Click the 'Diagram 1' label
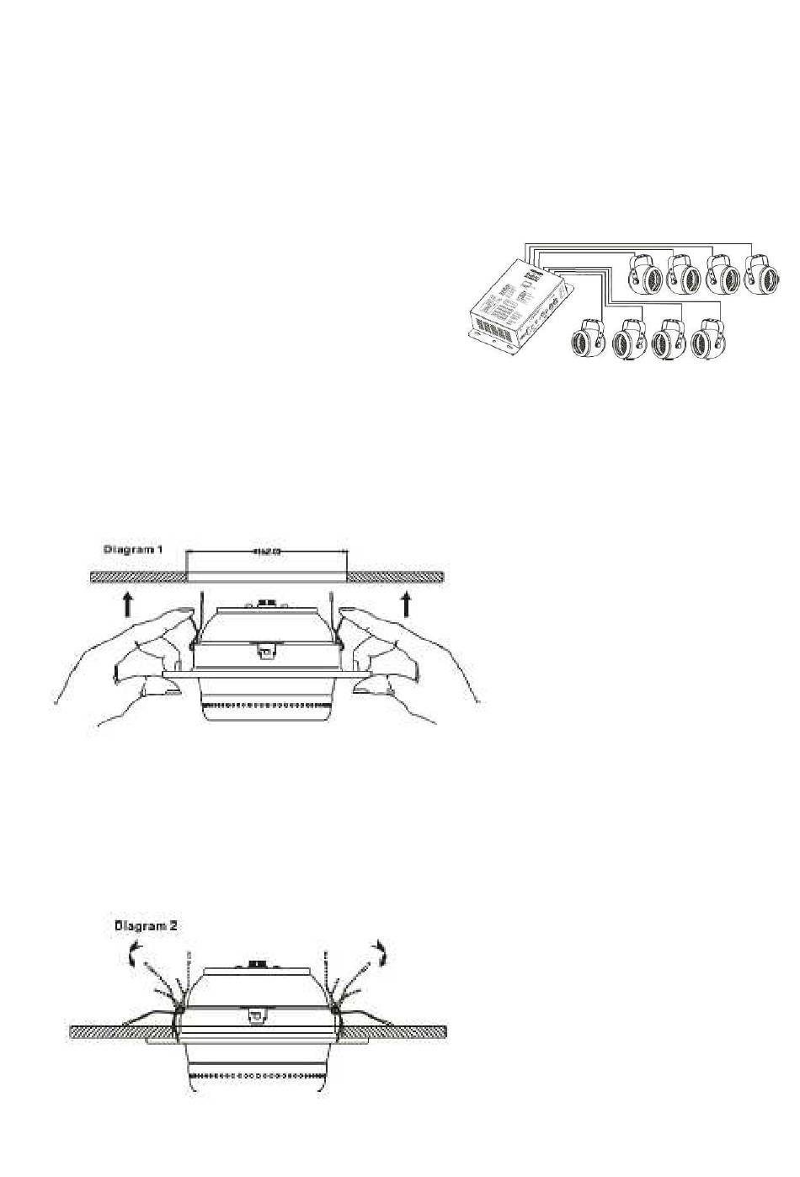point(133,549)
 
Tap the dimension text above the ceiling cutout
point(266,552)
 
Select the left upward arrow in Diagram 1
point(126,604)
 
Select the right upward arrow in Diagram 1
point(407,604)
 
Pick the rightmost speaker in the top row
point(762,276)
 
